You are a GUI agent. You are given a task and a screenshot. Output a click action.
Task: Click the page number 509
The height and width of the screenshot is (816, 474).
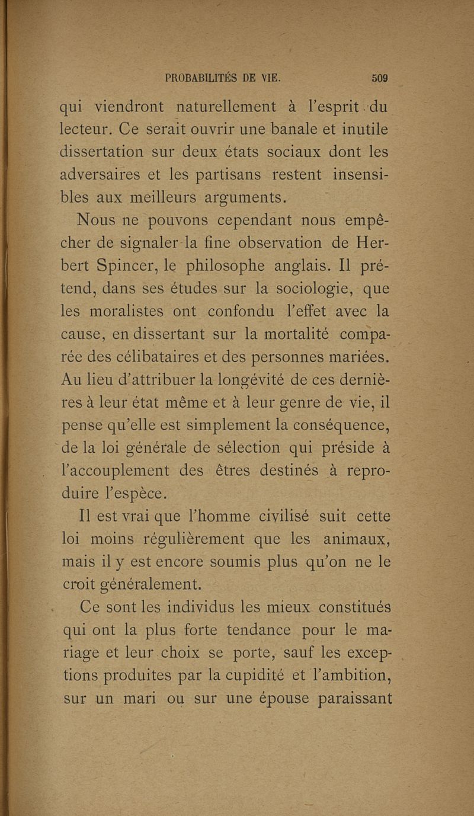pyautogui.click(x=379, y=77)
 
